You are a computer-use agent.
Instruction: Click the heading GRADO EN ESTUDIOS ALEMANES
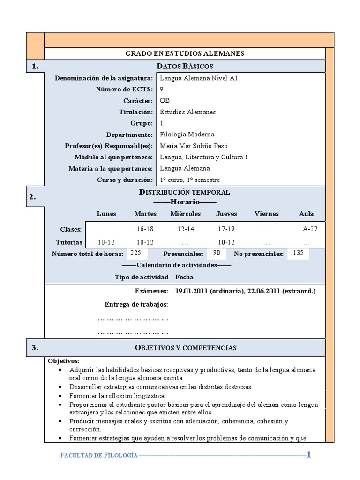185,53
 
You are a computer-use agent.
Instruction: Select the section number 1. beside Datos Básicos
36,67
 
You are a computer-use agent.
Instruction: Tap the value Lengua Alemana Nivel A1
199,78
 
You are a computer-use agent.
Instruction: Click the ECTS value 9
162,90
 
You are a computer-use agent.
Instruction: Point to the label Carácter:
138,101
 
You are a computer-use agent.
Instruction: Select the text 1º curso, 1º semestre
190,180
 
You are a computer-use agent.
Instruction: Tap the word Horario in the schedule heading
184,202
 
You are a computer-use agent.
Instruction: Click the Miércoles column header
186,214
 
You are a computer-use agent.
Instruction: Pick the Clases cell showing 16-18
145,229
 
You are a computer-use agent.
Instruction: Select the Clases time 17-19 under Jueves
226,229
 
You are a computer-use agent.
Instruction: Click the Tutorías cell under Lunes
106,242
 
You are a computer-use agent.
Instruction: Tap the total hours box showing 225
136,253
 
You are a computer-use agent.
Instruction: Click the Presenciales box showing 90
216,253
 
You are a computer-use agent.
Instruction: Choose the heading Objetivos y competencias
186,348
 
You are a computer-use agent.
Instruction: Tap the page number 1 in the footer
308,454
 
